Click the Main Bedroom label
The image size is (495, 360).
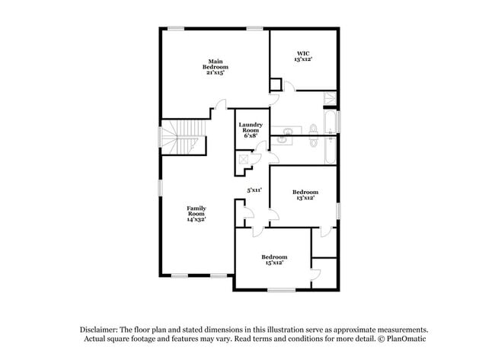coord(216,66)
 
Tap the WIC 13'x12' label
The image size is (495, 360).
coord(303,56)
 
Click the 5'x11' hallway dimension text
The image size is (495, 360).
coord(254,190)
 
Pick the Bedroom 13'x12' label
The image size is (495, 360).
coord(305,195)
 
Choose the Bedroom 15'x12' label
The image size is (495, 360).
coord(274,260)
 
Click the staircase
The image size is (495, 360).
coord(183,137)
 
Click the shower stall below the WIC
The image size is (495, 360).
coord(331,98)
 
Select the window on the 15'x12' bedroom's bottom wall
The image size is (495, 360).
coord(281,289)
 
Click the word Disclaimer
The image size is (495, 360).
coord(99,330)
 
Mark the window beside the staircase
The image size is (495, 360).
coord(160,136)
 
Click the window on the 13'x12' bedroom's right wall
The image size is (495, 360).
coord(338,211)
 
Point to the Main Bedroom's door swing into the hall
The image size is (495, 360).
coord(222,104)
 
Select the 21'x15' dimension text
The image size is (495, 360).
coord(216,72)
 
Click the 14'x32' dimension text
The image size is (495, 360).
coord(196,219)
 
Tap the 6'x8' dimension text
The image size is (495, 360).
coord(251,135)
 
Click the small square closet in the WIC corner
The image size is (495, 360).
coord(276,84)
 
